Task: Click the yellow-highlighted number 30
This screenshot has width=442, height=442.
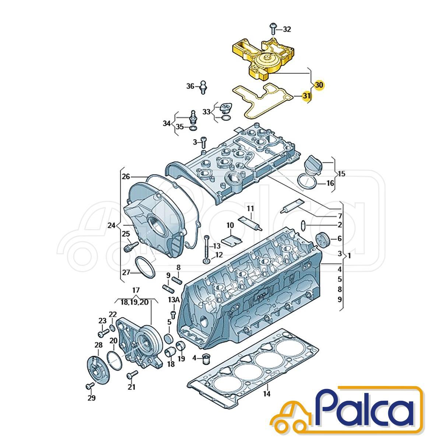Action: [319, 85]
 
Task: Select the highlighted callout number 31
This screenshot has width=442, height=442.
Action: [306, 96]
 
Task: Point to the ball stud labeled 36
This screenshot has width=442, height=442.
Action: [203, 87]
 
